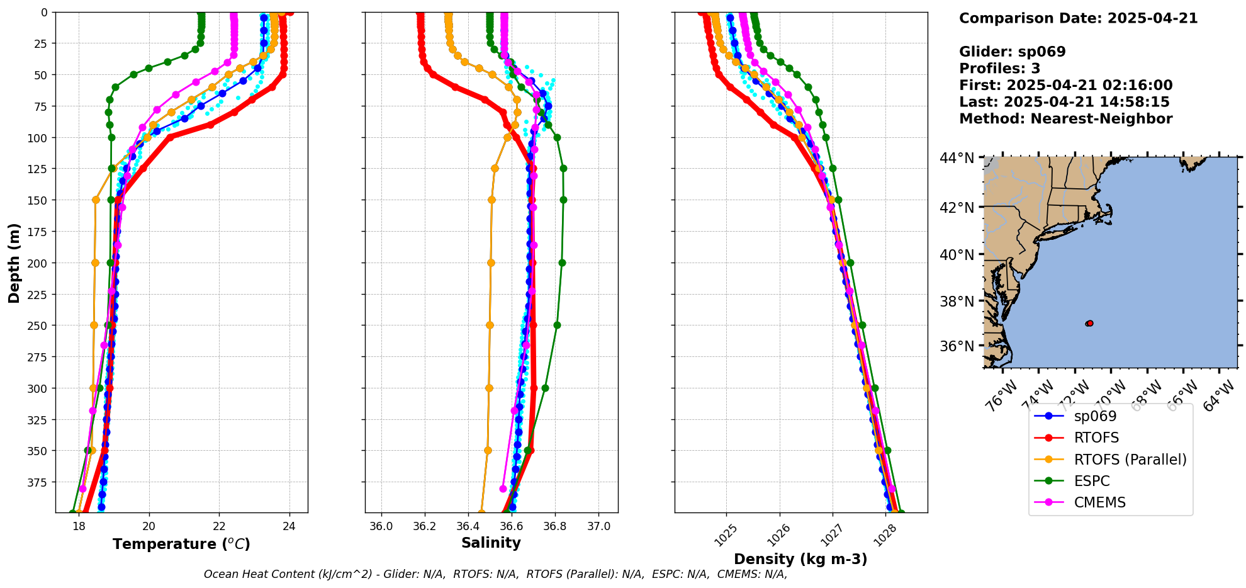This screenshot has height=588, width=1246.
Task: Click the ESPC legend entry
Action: pyautogui.click(x=1091, y=481)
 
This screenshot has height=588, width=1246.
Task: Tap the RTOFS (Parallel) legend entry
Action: pyautogui.click(x=1130, y=460)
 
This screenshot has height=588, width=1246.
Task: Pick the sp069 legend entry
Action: pyautogui.click(x=1095, y=416)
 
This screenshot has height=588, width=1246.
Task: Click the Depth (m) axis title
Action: pyautogui.click(x=14, y=263)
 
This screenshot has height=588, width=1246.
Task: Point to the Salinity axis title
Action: pyautogui.click(x=491, y=543)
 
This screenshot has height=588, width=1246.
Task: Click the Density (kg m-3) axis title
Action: pyautogui.click(x=800, y=559)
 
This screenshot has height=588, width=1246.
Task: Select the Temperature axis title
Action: pyautogui.click(x=181, y=544)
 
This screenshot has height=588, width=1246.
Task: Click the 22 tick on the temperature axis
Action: pyautogui.click(x=219, y=526)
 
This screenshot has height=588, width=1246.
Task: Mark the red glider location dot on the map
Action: pyautogui.click(x=1089, y=324)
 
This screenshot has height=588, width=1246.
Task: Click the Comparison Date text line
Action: pyautogui.click(x=1078, y=18)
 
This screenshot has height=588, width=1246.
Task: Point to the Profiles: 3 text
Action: pyautogui.click(x=999, y=69)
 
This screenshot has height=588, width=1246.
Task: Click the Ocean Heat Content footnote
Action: pyautogui.click(x=495, y=574)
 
